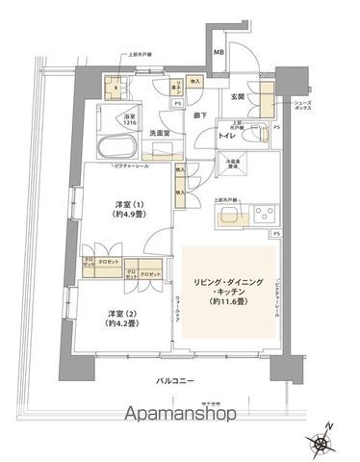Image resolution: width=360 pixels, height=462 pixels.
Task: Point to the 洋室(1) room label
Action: (125, 209)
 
